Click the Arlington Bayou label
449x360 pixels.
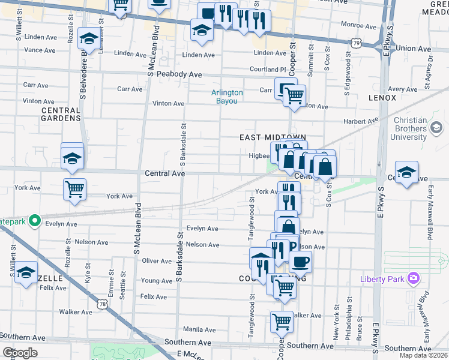[227, 97]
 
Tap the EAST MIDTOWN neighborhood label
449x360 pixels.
[273, 137]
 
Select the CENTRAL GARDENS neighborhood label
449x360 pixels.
[61, 114]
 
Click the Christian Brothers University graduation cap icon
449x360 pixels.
[436, 128]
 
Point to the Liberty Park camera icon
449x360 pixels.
[413, 278]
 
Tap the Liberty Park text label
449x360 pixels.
[384, 279]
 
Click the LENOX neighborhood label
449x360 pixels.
[382, 98]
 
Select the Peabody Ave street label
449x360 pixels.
[179, 74]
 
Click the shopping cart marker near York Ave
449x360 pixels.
[74, 189]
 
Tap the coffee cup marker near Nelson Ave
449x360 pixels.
[300, 260]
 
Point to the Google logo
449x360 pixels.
[20, 353]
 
